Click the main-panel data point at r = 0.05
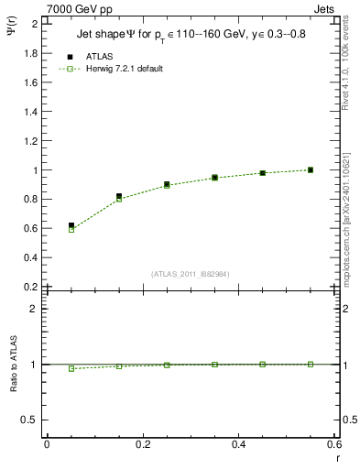(x=71, y=225)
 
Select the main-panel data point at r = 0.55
(x=311, y=169)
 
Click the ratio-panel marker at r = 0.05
(x=71, y=368)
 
